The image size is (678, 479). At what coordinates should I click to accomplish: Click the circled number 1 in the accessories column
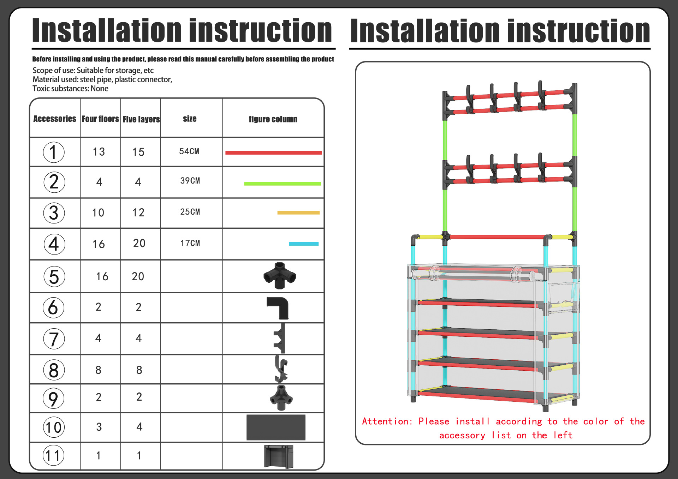[54, 152]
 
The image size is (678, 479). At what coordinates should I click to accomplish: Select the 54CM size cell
[189, 151]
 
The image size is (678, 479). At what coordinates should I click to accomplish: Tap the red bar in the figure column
[273, 153]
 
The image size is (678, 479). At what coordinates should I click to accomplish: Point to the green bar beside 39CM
[282, 184]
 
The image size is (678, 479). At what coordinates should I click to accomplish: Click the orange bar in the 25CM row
[298, 212]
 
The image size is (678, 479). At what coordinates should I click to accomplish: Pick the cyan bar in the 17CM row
[304, 244]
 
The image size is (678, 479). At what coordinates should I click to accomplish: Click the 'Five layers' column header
[141, 119]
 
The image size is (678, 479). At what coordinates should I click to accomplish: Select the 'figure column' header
[273, 119]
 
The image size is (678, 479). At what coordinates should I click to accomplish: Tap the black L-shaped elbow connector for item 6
[278, 308]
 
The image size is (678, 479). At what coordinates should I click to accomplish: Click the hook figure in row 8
[281, 369]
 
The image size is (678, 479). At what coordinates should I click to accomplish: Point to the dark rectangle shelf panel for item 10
[276, 427]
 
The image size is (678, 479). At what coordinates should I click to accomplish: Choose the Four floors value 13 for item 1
[99, 152]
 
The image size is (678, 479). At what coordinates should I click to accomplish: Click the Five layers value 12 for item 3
[138, 212]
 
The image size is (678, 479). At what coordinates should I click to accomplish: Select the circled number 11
[54, 455]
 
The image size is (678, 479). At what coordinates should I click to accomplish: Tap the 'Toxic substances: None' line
[70, 89]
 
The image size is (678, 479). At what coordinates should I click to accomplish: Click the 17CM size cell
[190, 243]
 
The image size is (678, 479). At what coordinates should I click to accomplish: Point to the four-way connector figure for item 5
[280, 276]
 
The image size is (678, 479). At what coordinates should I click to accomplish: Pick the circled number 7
[54, 339]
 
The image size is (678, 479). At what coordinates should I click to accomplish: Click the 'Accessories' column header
[55, 119]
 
